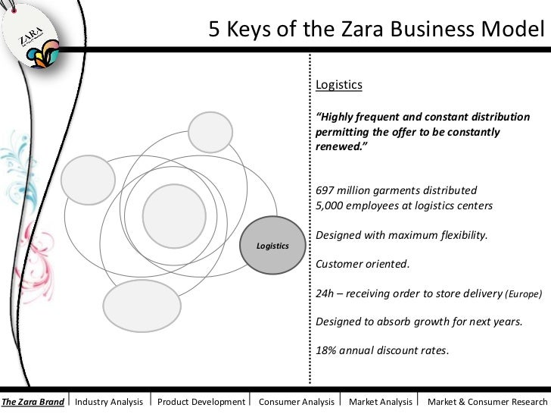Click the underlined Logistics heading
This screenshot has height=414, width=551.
339,85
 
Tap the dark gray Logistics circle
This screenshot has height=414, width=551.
272,246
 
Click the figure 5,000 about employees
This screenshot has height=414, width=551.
329,205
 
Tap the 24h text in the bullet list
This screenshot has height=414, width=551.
325,293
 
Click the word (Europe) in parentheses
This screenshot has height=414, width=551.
525,293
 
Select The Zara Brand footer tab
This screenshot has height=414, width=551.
33,401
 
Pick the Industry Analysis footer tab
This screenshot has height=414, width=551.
110,401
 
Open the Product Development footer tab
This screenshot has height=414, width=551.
201,401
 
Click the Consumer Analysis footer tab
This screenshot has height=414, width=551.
296,401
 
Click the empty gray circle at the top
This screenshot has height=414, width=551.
210,131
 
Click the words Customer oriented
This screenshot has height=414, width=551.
362,264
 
